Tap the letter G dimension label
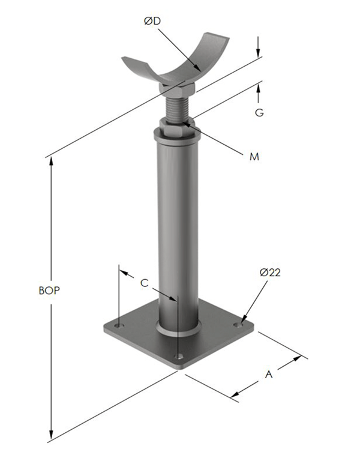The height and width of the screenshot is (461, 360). [x=259, y=112]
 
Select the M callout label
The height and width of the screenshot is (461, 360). [x=254, y=157]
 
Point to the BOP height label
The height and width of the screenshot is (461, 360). [x=49, y=290]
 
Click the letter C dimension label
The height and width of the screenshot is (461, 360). [x=144, y=282]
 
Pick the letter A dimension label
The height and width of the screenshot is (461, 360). [x=269, y=375]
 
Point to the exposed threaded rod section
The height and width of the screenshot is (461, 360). [x=176, y=108]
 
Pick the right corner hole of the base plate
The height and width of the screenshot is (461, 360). [x=240, y=322]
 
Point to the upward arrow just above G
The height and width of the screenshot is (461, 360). [x=259, y=90]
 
